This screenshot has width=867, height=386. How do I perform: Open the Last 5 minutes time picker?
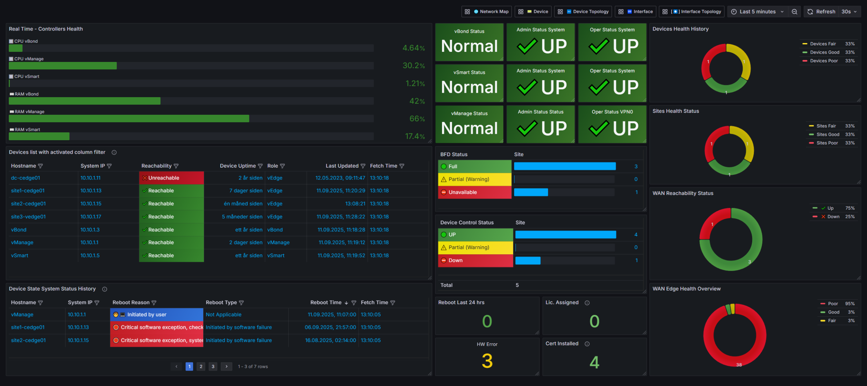758,12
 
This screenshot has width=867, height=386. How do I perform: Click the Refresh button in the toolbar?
821,12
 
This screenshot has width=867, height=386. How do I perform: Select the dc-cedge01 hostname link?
25,178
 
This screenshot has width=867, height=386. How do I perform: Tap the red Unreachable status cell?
171,178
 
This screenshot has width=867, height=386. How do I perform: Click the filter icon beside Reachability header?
176,166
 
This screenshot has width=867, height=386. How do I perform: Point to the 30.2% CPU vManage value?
414,65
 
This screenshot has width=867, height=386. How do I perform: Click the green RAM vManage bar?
129,119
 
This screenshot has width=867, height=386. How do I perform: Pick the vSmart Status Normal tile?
469,83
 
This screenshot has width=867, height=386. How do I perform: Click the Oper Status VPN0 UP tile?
612,124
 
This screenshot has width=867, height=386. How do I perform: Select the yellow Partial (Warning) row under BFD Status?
475,179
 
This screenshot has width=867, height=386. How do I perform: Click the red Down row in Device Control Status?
475,260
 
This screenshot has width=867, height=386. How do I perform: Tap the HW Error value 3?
487,361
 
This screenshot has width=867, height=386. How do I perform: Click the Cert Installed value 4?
594,362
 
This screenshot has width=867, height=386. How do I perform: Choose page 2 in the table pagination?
201,366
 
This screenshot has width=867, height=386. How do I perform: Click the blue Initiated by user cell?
157,315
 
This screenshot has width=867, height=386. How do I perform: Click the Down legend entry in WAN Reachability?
833,217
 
